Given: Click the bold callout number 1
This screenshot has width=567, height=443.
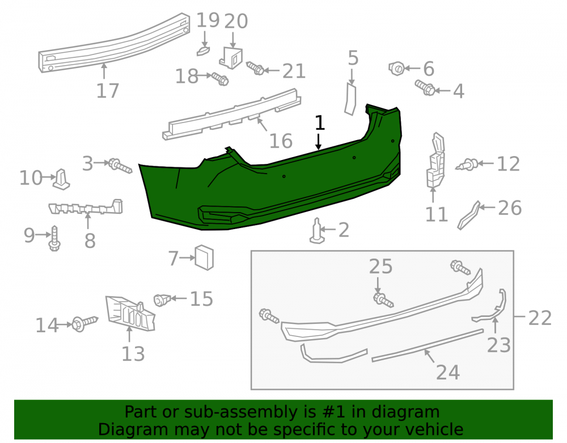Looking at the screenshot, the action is tap(320, 123).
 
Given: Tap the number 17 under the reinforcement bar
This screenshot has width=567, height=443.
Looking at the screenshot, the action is tap(107, 90).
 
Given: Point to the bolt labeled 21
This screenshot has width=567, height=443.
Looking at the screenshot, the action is tap(255, 68).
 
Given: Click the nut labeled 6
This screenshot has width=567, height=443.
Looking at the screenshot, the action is tap(396, 68).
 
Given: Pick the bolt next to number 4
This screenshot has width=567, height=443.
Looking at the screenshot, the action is tap(425, 88).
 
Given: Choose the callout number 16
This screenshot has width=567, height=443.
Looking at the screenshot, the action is tap(281, 141).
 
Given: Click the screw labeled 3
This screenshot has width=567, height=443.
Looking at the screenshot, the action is tap(120, 166).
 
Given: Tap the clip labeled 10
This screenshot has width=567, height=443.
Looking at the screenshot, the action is tap(61, 179).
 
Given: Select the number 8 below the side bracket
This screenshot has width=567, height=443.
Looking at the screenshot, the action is tap(90, 241).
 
